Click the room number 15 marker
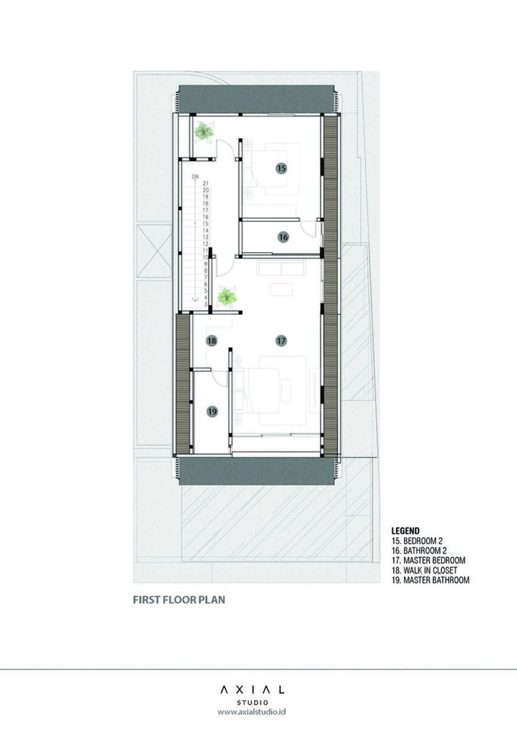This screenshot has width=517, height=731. tap(281, 168)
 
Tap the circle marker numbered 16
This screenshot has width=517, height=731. tap(283, 237)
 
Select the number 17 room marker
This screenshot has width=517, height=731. tap(281, 341)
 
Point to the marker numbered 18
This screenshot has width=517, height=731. tap(212, 341)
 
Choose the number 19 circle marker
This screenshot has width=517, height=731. tap(213, 411)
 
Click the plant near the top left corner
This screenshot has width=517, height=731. tap(204, 131)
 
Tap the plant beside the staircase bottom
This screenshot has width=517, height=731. tap(227, 296)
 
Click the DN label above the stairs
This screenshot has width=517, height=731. tap(195, 177)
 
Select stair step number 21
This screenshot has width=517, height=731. tap(206, 183)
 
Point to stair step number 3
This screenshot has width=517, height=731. tap(206, 304)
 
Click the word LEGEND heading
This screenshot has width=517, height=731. tap(405, 531)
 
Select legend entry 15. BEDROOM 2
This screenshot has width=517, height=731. tap(417, 541)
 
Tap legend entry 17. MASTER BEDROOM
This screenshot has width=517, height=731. tap(428, 561)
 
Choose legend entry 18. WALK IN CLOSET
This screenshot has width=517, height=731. tap(424, 570)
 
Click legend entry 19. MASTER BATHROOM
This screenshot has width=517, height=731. tap(430, 581)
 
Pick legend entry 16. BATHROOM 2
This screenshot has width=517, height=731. tap(419, 551)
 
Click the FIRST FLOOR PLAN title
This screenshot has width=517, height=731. tap(179, 599)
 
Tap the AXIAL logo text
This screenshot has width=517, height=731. tap(252, 690)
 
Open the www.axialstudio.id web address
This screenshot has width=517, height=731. tap(252, 712)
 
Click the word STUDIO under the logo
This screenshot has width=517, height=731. tap(252, 703)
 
